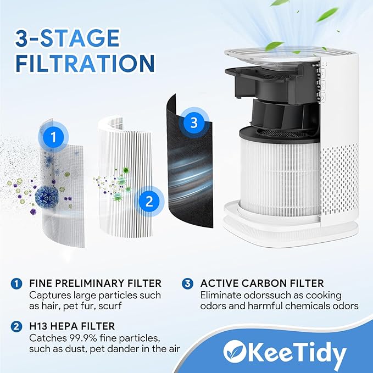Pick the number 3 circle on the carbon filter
(193, 123)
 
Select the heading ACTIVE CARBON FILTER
(262, 283)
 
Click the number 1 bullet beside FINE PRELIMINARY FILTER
(16, 283)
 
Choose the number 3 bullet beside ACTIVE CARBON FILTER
(188, 283)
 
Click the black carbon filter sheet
(187, 165)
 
